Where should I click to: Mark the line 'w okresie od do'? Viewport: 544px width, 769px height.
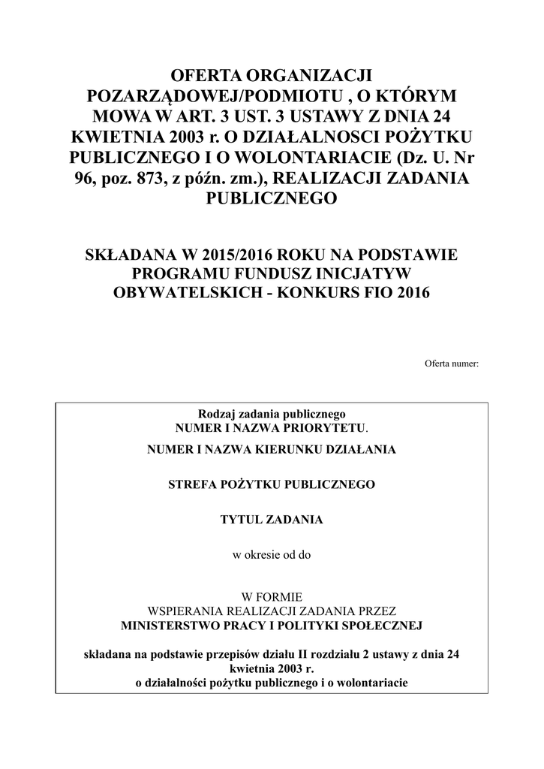coord(271,556)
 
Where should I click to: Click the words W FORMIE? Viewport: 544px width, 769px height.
coord(271,599)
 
